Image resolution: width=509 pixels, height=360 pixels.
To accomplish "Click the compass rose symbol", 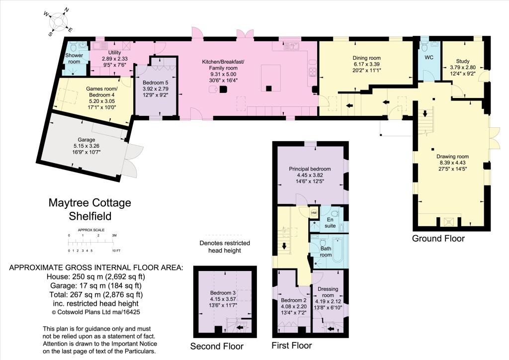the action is (59, 21).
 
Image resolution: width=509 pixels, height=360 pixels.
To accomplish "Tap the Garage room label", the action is (86, 140).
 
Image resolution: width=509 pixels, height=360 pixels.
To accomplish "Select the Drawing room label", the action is (452, 156).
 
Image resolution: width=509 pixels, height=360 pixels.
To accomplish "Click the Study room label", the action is (463, 61).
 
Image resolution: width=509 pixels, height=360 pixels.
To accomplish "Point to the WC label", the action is (429, 58).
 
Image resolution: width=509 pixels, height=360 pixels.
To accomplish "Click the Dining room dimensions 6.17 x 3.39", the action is (366, 64).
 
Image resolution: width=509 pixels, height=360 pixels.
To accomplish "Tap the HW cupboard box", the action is (314, 213).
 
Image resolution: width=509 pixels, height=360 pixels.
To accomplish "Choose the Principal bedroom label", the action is (310, 169).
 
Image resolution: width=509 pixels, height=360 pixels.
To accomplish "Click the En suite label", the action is (330, 222).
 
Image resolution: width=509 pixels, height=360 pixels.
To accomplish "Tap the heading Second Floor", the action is (217, 346).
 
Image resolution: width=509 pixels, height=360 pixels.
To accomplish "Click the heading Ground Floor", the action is (438, 238).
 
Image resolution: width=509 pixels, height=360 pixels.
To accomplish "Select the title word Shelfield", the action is (90, 216).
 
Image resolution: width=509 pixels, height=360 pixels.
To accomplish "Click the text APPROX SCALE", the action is (91, 230).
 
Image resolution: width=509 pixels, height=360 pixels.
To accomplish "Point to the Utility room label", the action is (114, 52).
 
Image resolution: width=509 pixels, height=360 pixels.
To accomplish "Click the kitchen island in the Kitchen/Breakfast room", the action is (271, 78).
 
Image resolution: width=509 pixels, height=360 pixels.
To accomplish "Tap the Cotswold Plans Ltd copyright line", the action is (96, 312).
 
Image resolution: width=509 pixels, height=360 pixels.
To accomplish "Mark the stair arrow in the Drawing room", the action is (425, 114).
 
